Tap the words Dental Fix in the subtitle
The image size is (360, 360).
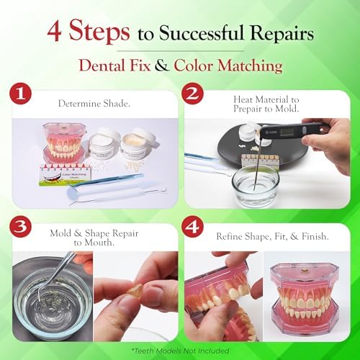tap(127, 66)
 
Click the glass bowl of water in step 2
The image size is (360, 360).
tap(255, 186)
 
